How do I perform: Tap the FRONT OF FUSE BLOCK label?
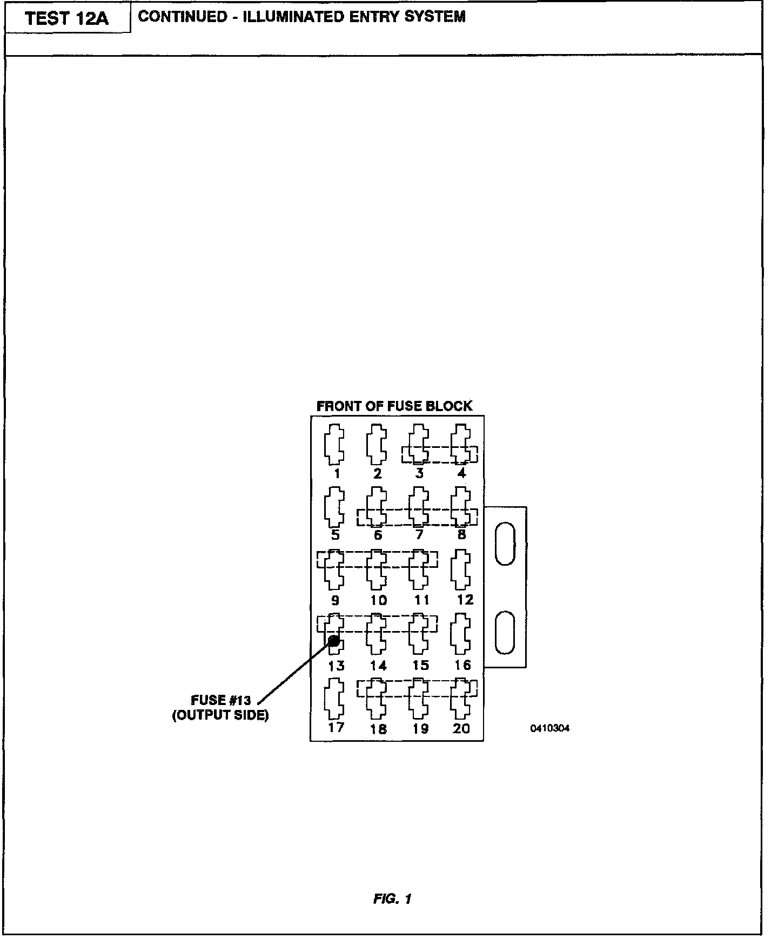coord(394,406)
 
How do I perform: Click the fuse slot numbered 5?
coord(334,507)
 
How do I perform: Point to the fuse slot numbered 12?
coord(461,569)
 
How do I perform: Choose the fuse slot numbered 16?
coord(461,633)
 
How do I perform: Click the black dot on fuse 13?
coord(334,641)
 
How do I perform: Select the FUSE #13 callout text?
coord(221,701)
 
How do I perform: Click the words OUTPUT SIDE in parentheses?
coord(220,716)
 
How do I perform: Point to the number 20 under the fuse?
coord(461,728)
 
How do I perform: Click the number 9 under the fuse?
coord(335,600)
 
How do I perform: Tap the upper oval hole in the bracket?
coord(505,544)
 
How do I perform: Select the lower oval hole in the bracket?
coord(505,632)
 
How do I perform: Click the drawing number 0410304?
coord(549,728)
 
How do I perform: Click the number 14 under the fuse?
coord(378,666)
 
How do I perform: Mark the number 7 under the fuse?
coord(419,535)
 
